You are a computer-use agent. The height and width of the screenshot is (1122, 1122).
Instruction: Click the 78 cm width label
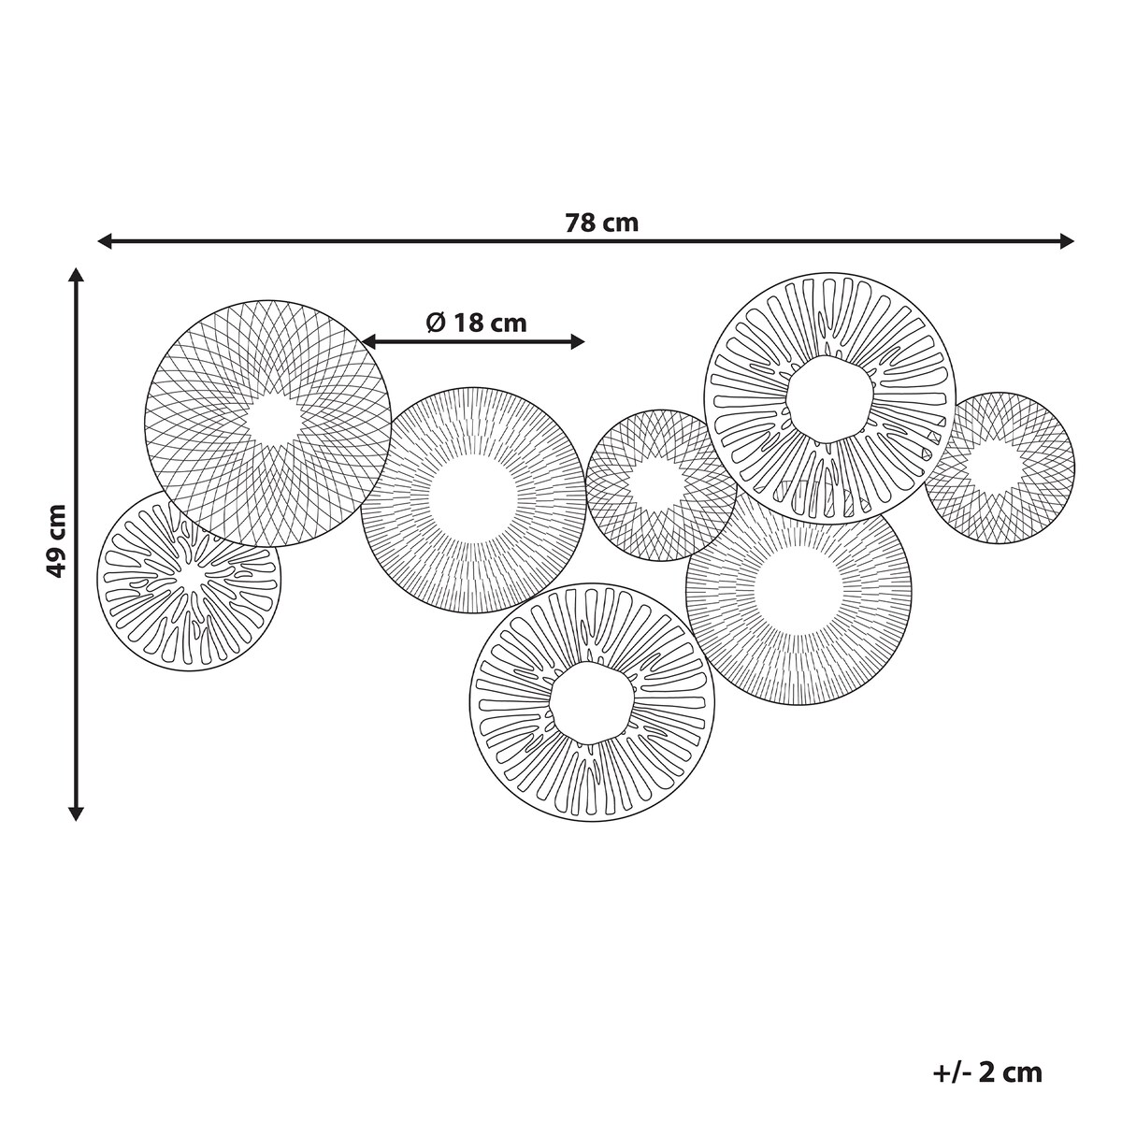tap(601, 223)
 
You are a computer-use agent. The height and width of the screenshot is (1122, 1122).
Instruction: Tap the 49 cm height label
tap(56, 541)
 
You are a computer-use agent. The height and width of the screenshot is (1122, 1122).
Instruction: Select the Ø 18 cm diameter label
tap(476, 323)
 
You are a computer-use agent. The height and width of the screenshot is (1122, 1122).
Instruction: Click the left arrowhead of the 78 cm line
tap(104, 240)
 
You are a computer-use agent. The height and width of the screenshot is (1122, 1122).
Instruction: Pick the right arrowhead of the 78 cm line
tap(1067, 240)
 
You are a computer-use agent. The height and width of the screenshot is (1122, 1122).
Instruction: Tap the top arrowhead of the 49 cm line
tap(76, 275)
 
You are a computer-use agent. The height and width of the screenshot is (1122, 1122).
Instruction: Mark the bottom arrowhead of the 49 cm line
tap(76, 813)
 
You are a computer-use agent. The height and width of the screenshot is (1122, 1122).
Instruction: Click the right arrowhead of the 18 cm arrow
tap(578, 342)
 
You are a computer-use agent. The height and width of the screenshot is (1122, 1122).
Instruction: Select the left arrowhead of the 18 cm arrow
tap(368, 342)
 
